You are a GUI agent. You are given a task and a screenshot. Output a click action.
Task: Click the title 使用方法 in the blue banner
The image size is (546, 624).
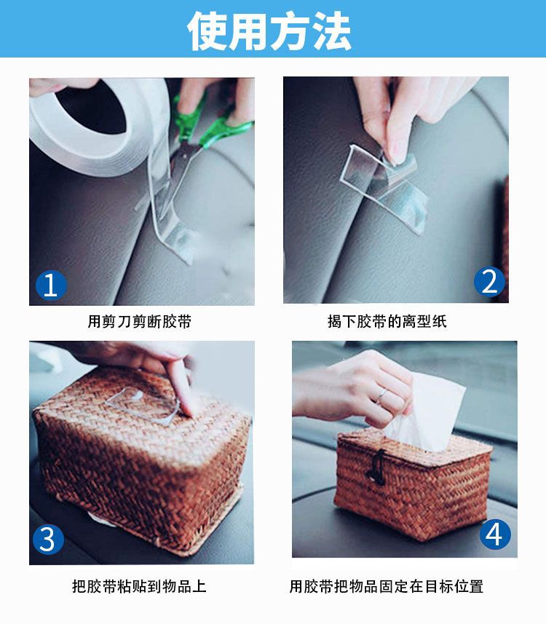269,31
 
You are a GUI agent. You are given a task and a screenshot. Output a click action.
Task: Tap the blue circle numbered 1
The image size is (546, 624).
51,285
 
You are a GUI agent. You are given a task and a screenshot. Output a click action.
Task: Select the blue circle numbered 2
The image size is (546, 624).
489,281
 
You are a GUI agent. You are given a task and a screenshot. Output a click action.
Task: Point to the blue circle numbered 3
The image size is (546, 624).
48,540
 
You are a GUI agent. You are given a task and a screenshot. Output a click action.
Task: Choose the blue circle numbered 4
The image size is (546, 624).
495,534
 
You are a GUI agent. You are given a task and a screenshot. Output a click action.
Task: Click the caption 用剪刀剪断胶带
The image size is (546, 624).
140,321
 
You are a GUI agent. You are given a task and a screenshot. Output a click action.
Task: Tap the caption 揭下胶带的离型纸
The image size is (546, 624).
387,321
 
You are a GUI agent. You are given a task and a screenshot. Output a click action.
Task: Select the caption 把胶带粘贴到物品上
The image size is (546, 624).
139,586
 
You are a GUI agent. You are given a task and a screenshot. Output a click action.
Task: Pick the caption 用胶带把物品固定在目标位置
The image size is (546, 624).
387,586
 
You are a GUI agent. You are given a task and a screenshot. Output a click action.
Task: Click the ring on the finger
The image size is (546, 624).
383,395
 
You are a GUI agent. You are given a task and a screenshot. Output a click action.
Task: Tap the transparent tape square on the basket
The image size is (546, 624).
144,405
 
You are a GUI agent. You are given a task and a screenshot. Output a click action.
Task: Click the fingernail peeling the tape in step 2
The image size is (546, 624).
398,151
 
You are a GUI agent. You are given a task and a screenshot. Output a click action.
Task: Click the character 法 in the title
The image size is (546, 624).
331,31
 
